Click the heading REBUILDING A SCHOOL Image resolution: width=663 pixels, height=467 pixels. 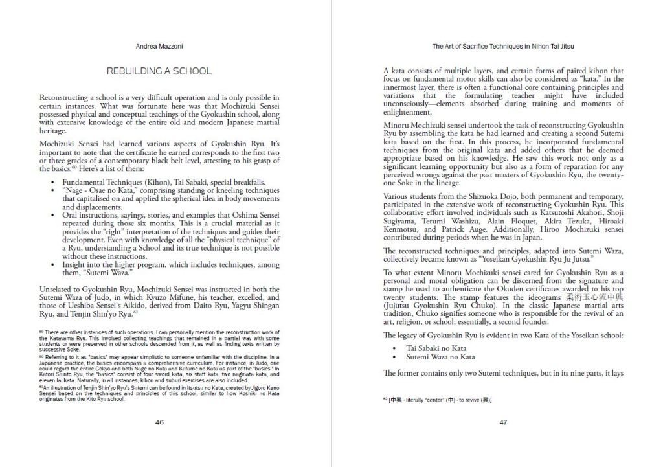click(x=159, y=71)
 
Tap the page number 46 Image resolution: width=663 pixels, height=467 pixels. click(x=159, y=422)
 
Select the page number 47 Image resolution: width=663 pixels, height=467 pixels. click(x=503, y=422)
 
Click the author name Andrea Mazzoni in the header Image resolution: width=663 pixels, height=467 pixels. click(x=159, y=47)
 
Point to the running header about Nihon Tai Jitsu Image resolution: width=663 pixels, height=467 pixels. click(x=503, y=47)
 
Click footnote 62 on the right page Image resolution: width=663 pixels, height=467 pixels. click(x=437, y=400)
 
